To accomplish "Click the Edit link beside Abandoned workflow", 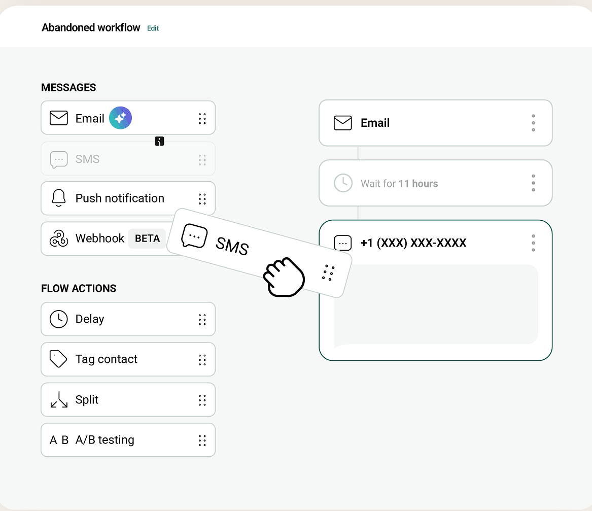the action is (x=153, y=28).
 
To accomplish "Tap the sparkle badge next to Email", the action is (x=120, y=118).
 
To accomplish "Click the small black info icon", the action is (x=159, y=141).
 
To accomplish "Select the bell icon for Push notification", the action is (x=58, y=198).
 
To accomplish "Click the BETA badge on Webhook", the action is (x=147, y=239).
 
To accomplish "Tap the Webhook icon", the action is (x=59, y=239).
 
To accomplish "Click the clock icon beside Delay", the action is (x=58, y=319).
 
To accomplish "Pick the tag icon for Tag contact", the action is (x=58, y=359).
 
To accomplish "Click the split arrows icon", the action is (x=59, y=399).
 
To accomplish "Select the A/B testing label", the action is (x=105, y=440).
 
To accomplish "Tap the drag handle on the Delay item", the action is (x=202, y=320).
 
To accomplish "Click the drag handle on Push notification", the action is (x=202, y=198).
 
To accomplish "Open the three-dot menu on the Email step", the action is (x=534, y=123).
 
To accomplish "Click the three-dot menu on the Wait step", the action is (x=534, y=183).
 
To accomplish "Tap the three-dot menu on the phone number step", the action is (x=534, y=243).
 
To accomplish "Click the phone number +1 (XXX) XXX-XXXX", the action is (x=413, y=243).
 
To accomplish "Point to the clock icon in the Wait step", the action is (x=343, y=183).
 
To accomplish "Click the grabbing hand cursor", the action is (x=284, y=277).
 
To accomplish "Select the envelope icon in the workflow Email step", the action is (x=343, y=123).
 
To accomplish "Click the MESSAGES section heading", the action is (x=68, y=88).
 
